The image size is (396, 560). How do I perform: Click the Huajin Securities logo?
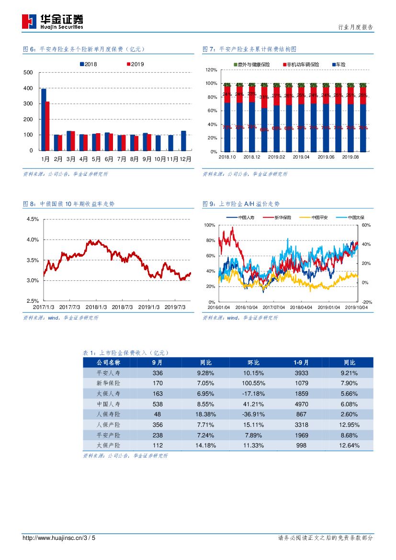click(x=53, y=21)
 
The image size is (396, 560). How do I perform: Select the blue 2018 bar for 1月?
click(x=44, y=119)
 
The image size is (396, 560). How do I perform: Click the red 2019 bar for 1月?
click(x=47, y=126)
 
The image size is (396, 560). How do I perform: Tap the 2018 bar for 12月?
click(x=183, y=140)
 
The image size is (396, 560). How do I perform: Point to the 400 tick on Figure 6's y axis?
click(x=28, y=88)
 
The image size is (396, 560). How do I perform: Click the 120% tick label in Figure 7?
click(x=211, y=70)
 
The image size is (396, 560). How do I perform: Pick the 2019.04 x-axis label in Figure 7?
click(x=301, y=157)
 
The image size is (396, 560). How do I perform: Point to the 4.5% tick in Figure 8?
click(x=32, y=219)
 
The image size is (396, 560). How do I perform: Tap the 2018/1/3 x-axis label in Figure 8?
click(x=96, y=307)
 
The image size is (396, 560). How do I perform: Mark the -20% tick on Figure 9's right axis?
click(x=366, y=302)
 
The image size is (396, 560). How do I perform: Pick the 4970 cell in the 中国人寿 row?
click(x=301, y=404)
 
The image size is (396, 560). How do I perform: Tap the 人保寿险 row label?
click(x=109, y=414)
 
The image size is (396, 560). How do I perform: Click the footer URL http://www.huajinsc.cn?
click(x=52, y=538)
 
